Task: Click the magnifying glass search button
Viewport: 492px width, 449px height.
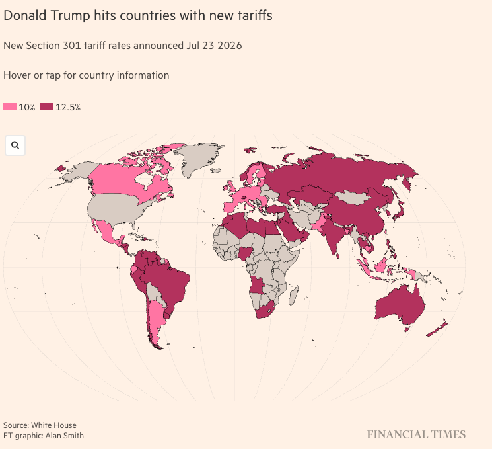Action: click(15, 145)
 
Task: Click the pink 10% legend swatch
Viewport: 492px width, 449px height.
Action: click(10, 107)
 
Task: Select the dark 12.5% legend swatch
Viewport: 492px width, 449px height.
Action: click(47, 107)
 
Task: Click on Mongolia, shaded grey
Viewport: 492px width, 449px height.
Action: click(353, 197)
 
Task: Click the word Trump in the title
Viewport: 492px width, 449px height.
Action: click(70, 15)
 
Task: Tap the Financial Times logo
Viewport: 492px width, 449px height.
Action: click(416, 435)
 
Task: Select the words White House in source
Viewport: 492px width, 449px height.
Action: click(53, 425)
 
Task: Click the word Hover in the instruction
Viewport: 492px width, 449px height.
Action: click(15, 75)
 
